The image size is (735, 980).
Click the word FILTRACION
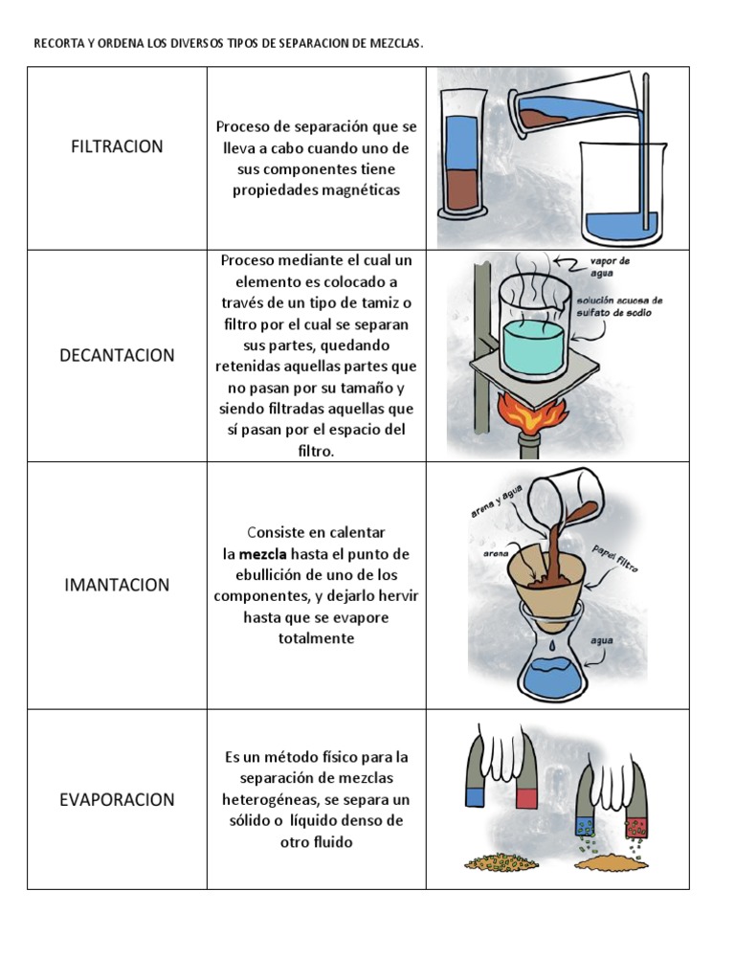(117, 146)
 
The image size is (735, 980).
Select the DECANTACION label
(117, 355)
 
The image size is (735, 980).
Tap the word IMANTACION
(117, 585)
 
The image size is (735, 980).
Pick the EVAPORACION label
(117, 799)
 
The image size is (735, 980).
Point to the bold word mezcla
(262, 554)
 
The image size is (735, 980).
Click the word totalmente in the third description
(316, 638)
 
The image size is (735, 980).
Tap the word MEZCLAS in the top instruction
(400, 44)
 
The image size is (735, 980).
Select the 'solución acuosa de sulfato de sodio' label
(619, 306)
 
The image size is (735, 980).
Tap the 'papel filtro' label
(615, 558)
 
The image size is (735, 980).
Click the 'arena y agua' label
(493, 504)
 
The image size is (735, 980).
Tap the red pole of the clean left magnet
(527, 797)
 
